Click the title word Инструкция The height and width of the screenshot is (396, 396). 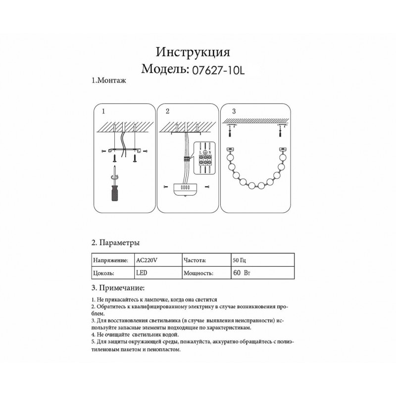tap(193, 52)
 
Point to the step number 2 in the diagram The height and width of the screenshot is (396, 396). tap(167, 111)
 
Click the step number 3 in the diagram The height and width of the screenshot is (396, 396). tap(234, 111)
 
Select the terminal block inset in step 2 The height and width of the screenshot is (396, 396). tap(204, 157)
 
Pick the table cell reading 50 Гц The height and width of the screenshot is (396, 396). tap(239, 259)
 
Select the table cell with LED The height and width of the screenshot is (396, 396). tap(142, 273)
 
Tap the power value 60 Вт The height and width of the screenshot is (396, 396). tap(240, 273)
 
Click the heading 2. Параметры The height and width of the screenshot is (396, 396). tap(115, 243)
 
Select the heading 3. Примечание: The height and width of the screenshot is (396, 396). tap(118, 288)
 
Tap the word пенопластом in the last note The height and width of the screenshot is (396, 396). tap(161, 349)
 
